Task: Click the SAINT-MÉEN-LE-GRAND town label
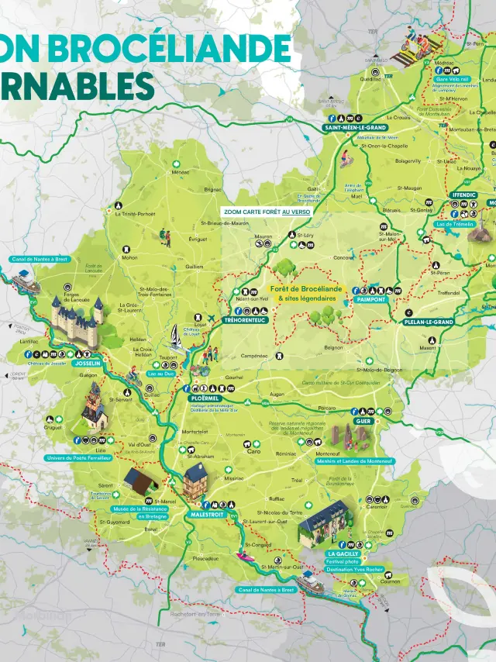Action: click(x=355, y=127)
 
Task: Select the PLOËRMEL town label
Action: click(x=205, y=398)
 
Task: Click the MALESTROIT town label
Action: click(x=207, y=514)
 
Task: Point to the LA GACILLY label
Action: click(x=343, y=554)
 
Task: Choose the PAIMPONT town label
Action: click(x=370, y=299)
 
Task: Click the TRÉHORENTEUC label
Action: click(x=245, y=319)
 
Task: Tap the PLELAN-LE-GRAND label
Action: click(x=429, y=322)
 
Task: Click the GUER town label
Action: click(x=363, y=421)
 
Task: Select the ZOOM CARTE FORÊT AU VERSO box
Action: click(x=267, y=211)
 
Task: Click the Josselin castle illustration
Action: click(x=77, y=315)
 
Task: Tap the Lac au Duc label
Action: click(x=160, y=373)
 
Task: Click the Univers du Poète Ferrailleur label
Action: click(x=80, y=458)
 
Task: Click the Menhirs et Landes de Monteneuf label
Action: click(x=356, y=461)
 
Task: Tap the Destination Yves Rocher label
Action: click(x=354, y=569)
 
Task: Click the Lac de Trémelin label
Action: click(x=455, y=224)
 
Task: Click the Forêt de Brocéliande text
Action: click(x=306, y=289)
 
